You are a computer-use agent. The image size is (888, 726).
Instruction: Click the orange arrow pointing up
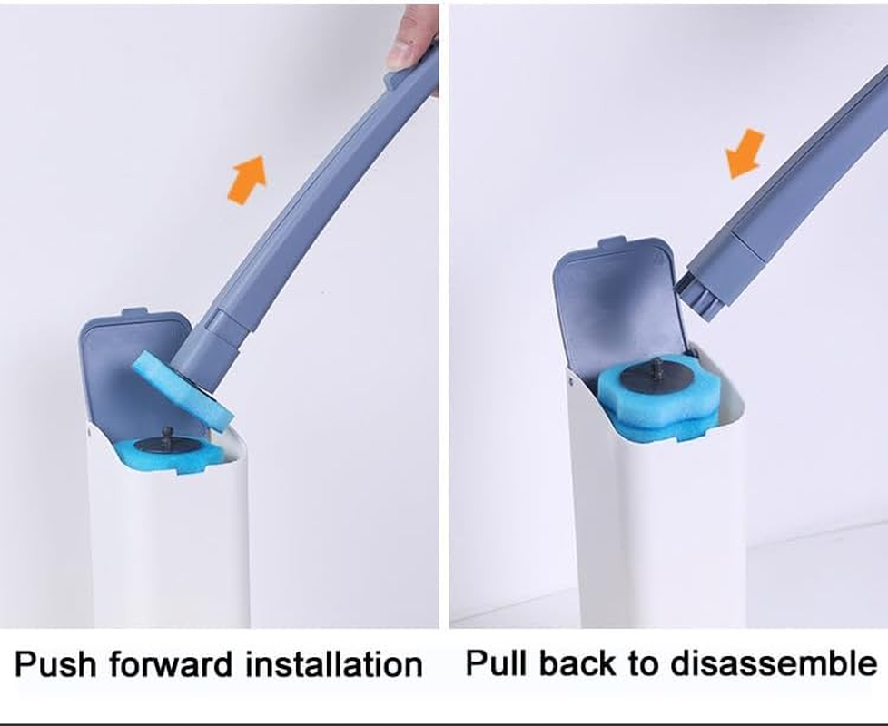(247, 179)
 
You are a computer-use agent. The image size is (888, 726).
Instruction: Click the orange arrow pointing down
(746, 152)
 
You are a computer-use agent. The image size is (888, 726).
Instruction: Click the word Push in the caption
(56, 664)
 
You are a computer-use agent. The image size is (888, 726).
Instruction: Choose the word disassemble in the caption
(779, 663)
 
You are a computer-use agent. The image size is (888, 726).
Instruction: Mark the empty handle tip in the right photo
(701, 290)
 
